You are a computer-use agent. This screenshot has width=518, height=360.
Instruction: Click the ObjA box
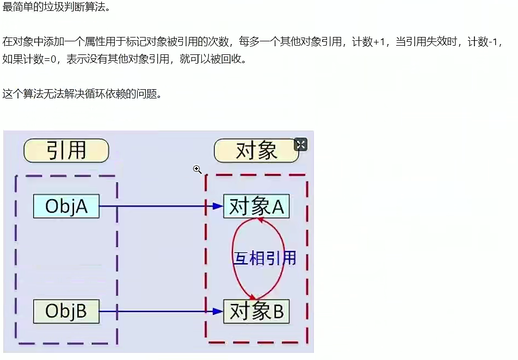point(66,207)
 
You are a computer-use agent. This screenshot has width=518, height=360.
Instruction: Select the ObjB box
point(66,312)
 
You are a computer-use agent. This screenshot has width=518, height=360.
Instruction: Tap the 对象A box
point(256,207)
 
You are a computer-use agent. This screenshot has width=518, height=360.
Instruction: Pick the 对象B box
point(256,312)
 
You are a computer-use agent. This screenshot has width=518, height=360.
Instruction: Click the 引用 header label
point(66,151)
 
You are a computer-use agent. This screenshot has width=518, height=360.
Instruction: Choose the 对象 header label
point(256,151)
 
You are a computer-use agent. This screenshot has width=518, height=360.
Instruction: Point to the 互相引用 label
point(264,258)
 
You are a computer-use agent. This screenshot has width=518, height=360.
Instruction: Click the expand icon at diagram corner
point(300,144)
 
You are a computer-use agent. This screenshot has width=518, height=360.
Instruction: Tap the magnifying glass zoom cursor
point(198,170)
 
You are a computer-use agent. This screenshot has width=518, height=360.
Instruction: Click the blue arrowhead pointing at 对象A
point(218,207)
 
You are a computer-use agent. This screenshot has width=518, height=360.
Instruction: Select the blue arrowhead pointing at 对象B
point(218,312)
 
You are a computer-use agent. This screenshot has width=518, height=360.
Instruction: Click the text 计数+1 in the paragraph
point(369,42)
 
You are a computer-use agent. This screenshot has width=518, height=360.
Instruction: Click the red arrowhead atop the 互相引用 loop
point(260,220)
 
